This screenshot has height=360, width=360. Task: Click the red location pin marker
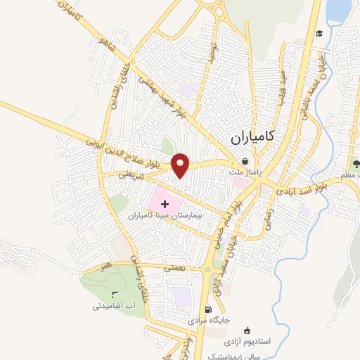tap(181, 165)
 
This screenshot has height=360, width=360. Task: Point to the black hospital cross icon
tap(155, 204)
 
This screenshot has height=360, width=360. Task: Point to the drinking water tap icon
tap(115, 295)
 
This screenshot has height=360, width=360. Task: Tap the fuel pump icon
tap(207, 309)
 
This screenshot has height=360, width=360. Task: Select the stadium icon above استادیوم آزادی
tap(246, 330)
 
